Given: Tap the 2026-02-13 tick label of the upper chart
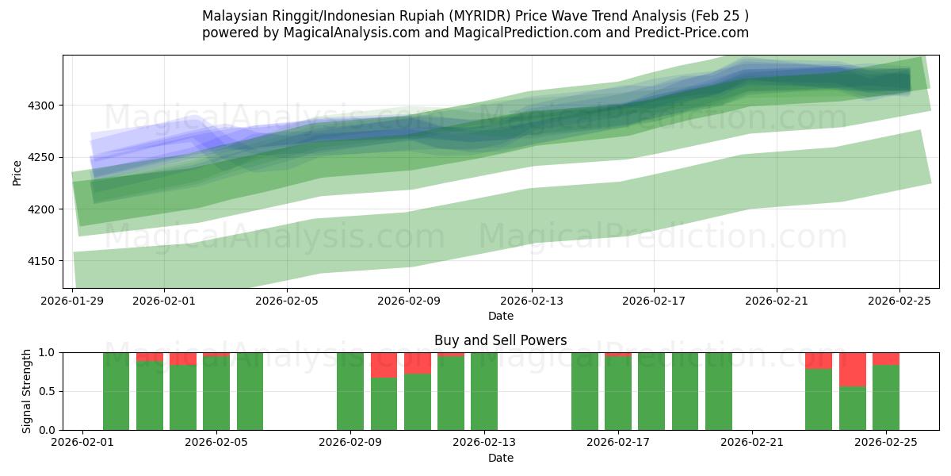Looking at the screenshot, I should tap(531, 301).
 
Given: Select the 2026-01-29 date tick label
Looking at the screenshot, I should tap(73, 301).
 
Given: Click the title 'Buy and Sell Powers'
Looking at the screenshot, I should tap(500, 340).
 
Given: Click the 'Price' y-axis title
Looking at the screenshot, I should tap(17, 172).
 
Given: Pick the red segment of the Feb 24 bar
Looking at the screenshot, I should tap(853, 369).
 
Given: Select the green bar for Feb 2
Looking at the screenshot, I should tap(116, 391).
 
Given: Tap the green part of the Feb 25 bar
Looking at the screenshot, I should tap(886, 397).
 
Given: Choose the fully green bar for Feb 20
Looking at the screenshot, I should tap(719, 391).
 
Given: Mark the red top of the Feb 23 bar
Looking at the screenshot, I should tap(819, 360).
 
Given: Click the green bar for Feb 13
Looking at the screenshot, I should tap(484, 391).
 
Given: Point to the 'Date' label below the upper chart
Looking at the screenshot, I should tap(500, 316).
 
